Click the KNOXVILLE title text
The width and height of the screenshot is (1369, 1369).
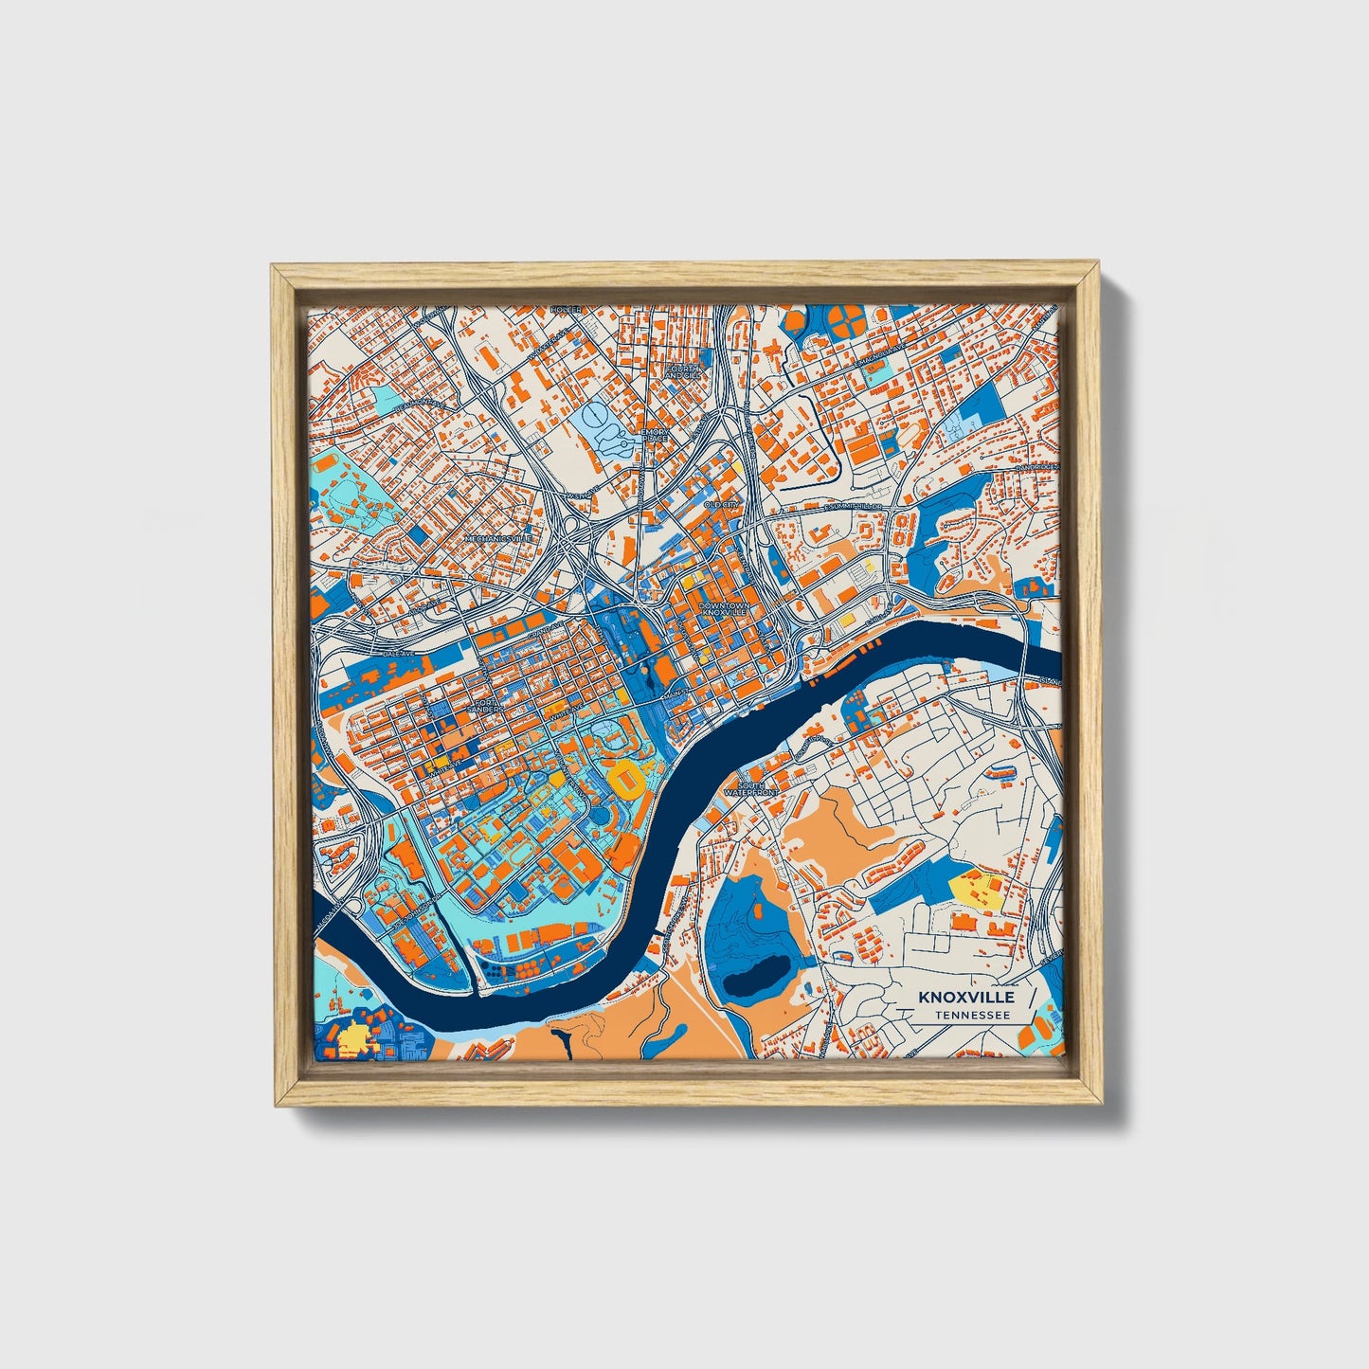(966, 998)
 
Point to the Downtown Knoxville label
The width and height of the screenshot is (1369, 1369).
(724, 608)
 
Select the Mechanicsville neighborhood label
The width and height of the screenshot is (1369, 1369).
(498, 538)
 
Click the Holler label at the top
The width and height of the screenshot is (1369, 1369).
(566, 310)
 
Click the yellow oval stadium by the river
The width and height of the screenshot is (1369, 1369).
(626, 777)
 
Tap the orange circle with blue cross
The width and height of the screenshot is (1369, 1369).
(846, 322)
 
